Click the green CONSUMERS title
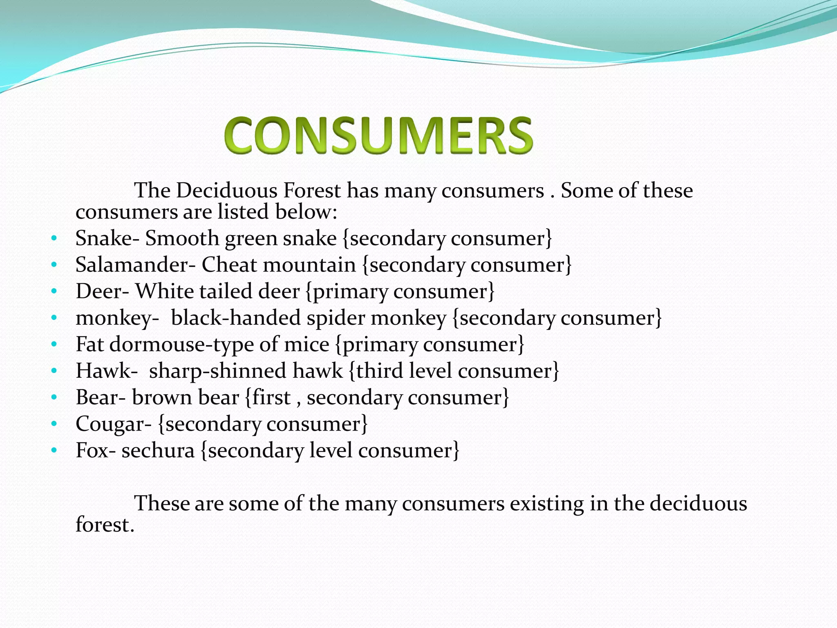(x=378, y=135)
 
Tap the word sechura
(x=158, y=451)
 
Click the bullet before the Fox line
(x=54, y=451)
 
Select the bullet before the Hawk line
(x=54, y=371)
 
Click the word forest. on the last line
(x=105, y=525)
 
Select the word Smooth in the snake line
(x=182, y=238)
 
